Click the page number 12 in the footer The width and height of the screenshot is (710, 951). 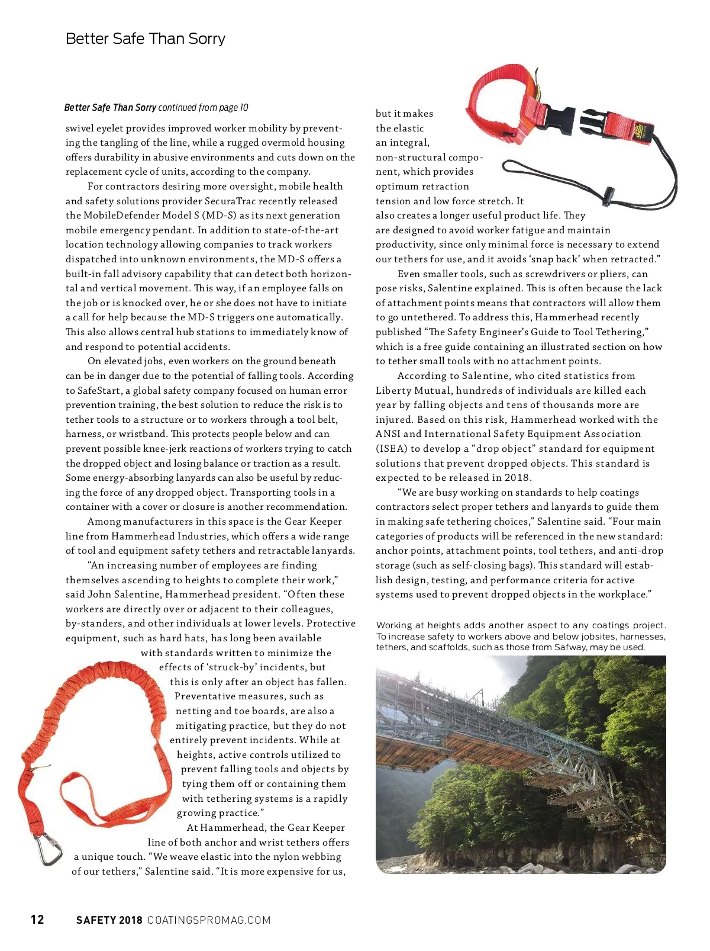(x=37, y=919)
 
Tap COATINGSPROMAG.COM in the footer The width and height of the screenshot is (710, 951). (x=209, y=920)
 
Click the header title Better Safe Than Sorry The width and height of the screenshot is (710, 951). (x=146, y=39)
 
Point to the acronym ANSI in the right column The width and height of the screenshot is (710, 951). (x=388, y=434)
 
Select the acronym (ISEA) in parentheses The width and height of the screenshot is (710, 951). (x=391, y=449)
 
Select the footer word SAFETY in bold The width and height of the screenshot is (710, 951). (x=96, y=920)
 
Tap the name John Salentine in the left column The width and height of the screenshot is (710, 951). (x=124, y=595)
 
